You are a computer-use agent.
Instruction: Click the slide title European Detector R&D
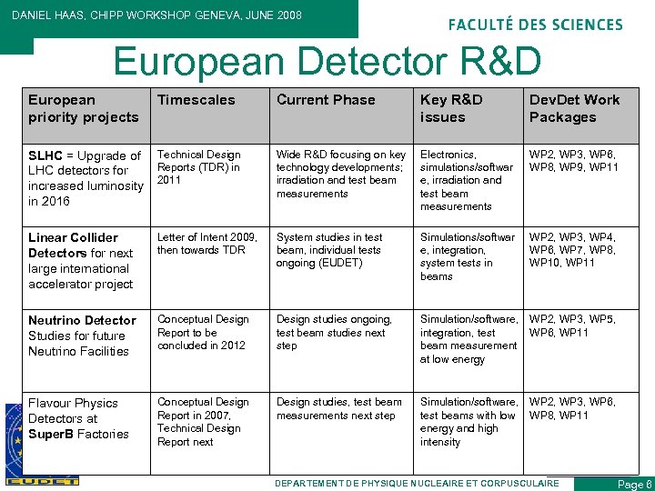click(327, 61)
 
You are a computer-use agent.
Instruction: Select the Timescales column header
click(196, 100)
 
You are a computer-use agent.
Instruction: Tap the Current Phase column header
click(326, 100)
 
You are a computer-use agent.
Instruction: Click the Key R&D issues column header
click(451, 108)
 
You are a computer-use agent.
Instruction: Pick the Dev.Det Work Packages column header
click(574, 108)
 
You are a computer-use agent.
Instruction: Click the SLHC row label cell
click(85, 178)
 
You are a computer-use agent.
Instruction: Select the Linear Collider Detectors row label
click(81, 261)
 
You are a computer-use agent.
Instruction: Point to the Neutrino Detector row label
click(82, 336)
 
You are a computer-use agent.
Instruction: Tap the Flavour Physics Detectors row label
click(78, 418)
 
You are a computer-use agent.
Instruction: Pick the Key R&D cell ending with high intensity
click(466, 422)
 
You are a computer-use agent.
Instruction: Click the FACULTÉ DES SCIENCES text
click(535, 25)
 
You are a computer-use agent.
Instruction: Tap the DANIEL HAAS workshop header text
click(156, 15)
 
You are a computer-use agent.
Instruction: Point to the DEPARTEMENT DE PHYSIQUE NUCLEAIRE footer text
click(417, 483)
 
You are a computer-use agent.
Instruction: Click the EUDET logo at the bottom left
click(42, 480)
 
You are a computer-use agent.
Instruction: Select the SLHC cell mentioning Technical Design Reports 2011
click(199, 167)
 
